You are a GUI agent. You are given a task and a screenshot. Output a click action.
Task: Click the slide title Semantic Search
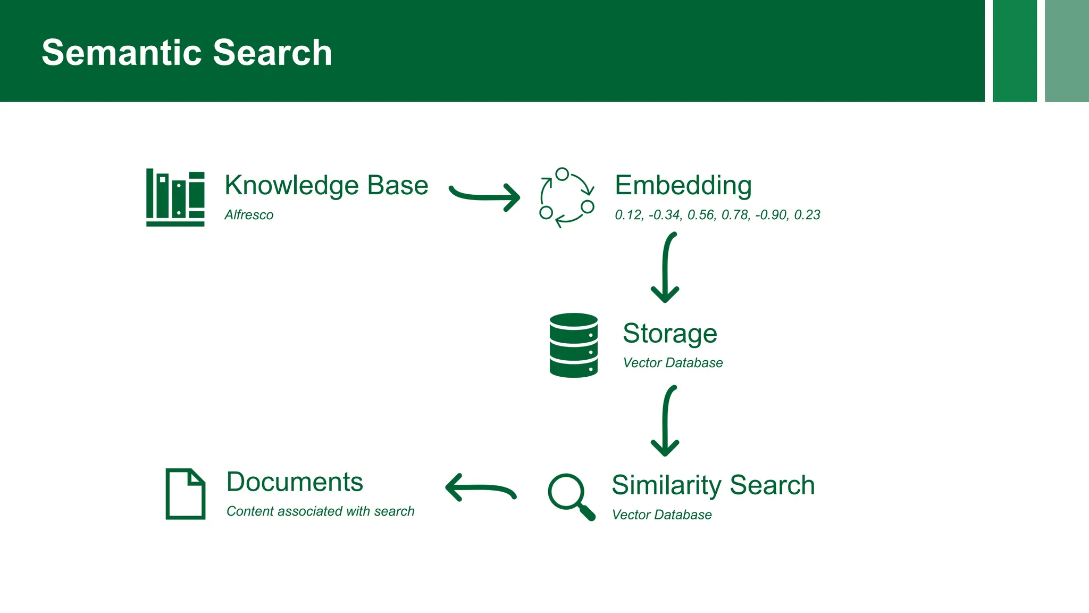coord(187,53)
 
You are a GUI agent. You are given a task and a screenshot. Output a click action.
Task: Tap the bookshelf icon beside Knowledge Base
coord(175,197)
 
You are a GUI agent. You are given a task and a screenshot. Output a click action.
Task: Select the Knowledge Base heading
coord(326,185)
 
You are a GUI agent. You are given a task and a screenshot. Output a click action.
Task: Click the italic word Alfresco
coord(249,215)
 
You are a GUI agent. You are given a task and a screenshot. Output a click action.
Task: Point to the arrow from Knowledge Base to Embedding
coord(484,196)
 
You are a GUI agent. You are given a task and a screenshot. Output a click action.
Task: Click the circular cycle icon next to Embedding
coord(567,197)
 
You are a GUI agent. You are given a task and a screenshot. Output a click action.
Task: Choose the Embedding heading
coord(683,185)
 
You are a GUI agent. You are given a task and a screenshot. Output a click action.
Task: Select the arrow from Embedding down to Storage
coord(665,268)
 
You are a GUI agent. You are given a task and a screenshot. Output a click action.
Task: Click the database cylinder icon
coord(573,345)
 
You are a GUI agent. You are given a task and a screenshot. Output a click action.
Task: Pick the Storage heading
coord(669,334)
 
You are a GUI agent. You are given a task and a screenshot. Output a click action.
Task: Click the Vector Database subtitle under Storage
coord(673,363)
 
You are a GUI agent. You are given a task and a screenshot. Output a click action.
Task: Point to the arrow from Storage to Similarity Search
coord(665,421)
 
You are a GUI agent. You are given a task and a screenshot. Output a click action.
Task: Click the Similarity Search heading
coord(713,485)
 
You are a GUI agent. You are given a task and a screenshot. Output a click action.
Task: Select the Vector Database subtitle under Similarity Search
coord(661,515)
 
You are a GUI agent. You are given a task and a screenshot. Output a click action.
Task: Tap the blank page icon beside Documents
coord(185,494)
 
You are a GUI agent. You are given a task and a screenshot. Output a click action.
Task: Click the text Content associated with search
coord(320,511)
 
